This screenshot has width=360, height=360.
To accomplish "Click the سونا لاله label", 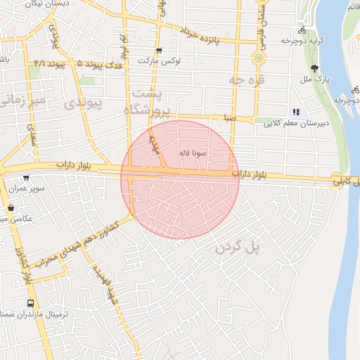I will (x=192, y=152).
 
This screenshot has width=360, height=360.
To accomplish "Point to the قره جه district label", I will (x=245, y=81).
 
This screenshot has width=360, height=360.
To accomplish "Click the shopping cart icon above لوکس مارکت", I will (x=159, y=50).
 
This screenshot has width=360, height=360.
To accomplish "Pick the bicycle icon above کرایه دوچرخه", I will (x=302, y=30).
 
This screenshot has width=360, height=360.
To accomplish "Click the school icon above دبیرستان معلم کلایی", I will (x=296, y=111).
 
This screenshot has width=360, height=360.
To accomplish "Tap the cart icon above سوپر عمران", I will (x=26, y=178).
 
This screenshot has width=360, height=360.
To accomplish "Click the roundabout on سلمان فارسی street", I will (x=259, y=58).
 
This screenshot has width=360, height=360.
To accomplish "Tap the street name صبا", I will (x=230, y=118).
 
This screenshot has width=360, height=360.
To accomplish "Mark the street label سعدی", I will (x=32, y=134).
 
